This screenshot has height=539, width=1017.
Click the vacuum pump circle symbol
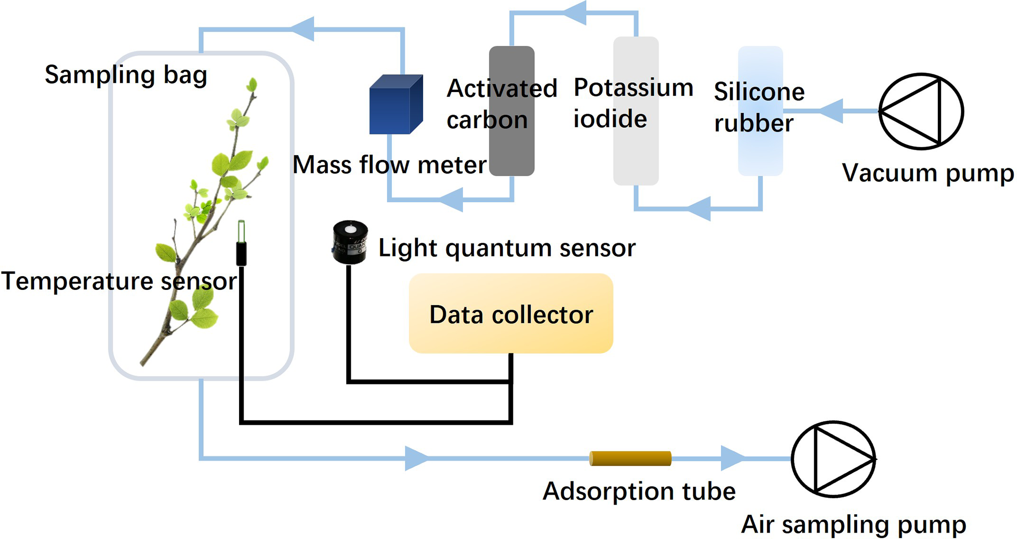921,111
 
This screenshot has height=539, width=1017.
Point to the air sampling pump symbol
833,459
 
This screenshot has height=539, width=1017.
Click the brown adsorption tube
630,458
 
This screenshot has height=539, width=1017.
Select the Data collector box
511,314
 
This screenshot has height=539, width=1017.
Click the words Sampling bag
125,75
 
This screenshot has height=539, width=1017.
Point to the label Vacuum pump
927,173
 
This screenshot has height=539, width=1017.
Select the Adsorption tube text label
639,491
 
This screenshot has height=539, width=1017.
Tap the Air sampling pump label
853,524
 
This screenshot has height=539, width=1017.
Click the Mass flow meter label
389,165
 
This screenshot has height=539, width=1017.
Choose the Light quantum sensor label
507,248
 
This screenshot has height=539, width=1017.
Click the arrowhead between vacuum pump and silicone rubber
832,111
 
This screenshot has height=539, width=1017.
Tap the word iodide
610,120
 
